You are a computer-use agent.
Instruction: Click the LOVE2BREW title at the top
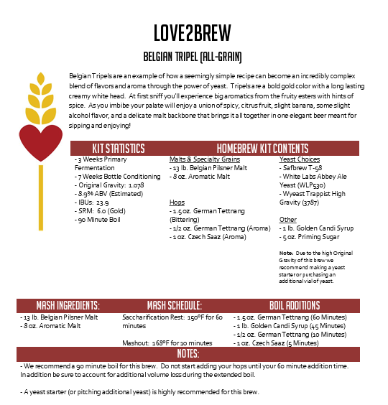pyautogui.click(x=193, y=33)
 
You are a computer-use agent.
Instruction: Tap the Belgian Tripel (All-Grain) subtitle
pyautogui.click(x=193, y=56)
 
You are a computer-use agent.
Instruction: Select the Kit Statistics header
pyautogui.click(x=119, y=148)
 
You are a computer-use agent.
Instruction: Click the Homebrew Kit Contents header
pyautogui.click(x=262, y=148)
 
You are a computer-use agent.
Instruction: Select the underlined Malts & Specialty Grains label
pyautogui.click(x=204, y=159)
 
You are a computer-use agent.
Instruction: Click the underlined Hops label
pyautogui.click(x=176, y=202)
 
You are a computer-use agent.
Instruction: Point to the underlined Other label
pyautogui.click(x=287, y=220)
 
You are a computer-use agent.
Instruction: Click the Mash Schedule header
pyautogui.click(x=174, y=304)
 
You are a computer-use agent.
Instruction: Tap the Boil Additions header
pyautogui.click(x=295, y=304)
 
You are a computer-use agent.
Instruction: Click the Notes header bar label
pyautogui.click(x=188, y=354)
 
